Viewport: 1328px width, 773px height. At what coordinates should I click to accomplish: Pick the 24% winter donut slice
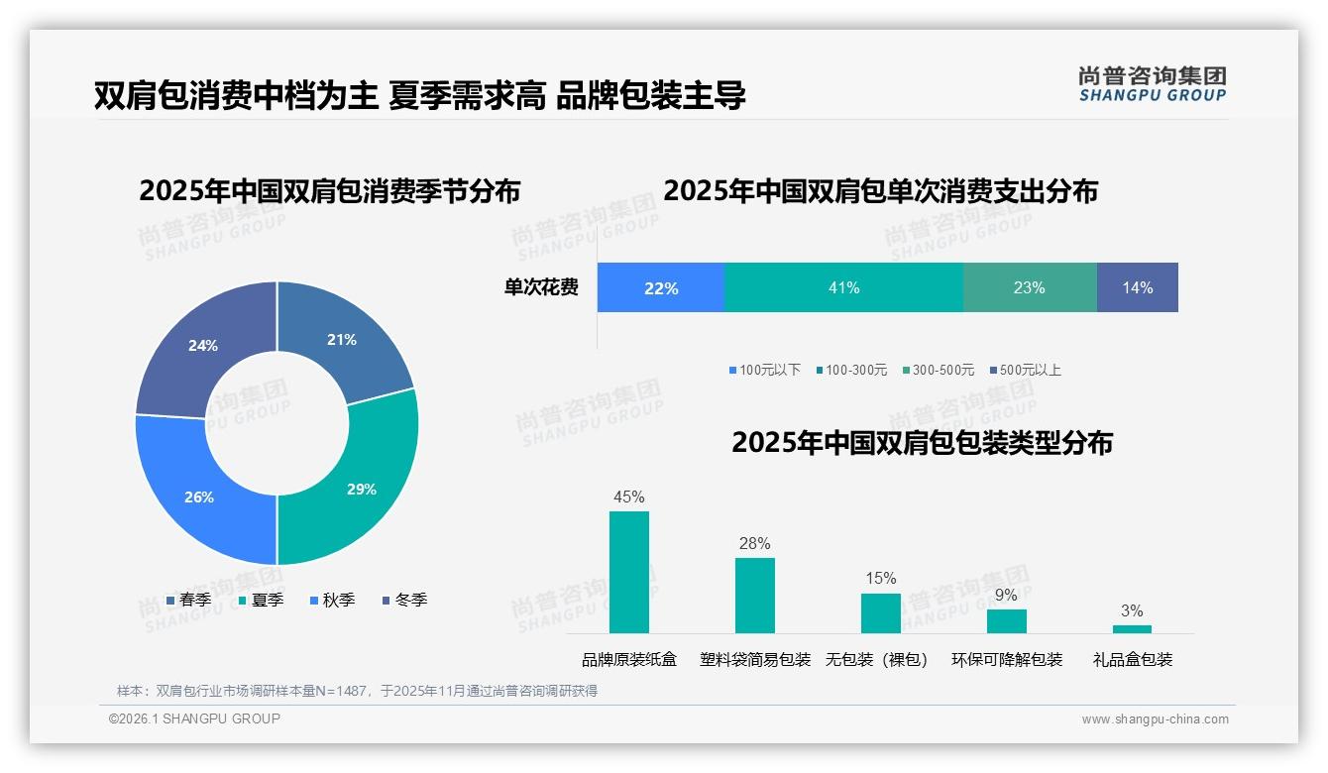tap(203, 345)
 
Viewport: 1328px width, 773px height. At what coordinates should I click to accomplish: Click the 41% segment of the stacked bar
tap(843, 287)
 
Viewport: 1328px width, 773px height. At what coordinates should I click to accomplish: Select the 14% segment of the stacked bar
tap(1137, 287)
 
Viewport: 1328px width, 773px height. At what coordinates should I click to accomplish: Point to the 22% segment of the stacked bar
tap(661, 287)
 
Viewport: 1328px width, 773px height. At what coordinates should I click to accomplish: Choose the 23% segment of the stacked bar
tap(1029, 287)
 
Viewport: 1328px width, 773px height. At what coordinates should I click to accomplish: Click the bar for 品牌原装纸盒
tap(628, 572)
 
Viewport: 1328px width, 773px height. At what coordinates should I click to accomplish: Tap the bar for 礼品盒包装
tap(1132, 628)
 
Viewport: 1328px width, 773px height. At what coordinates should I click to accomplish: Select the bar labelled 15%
tap(880, 612)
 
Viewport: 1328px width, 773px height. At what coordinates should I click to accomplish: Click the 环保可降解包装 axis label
tap(1006, 659)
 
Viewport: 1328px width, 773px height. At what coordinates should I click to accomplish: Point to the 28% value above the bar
tap(754, 543)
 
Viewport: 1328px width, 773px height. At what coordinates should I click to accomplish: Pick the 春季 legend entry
tap(188, 600)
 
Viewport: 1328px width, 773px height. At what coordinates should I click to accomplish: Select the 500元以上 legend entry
tap(1025, 370)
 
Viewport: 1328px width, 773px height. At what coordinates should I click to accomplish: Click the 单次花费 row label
tap(541, 287)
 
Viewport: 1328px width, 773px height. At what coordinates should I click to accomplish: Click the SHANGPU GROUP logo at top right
tap(1152, 83)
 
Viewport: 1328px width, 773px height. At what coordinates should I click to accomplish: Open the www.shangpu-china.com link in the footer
tap(1155, 718)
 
